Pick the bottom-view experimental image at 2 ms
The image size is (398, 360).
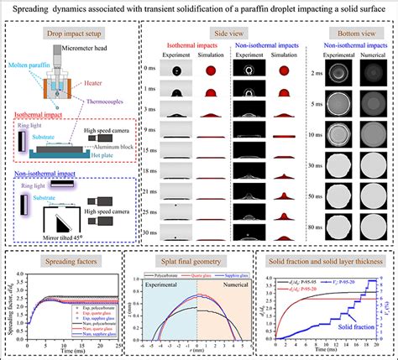coord(331,74)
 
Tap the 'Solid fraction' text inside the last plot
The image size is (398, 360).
coord(351,324)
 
